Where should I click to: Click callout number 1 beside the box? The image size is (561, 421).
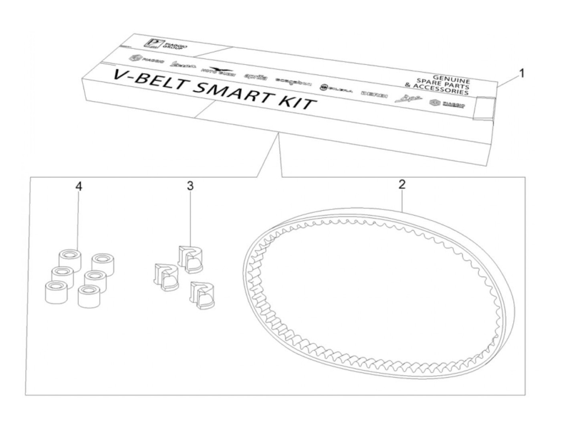[x=521, y=73]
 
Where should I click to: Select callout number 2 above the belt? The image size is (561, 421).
[x=402, y=184]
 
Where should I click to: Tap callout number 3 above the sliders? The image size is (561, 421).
[x=190, y=186]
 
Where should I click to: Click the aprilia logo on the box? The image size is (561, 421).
[x=255, y=77]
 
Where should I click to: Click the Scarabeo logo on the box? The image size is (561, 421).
[x=293, y=82]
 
